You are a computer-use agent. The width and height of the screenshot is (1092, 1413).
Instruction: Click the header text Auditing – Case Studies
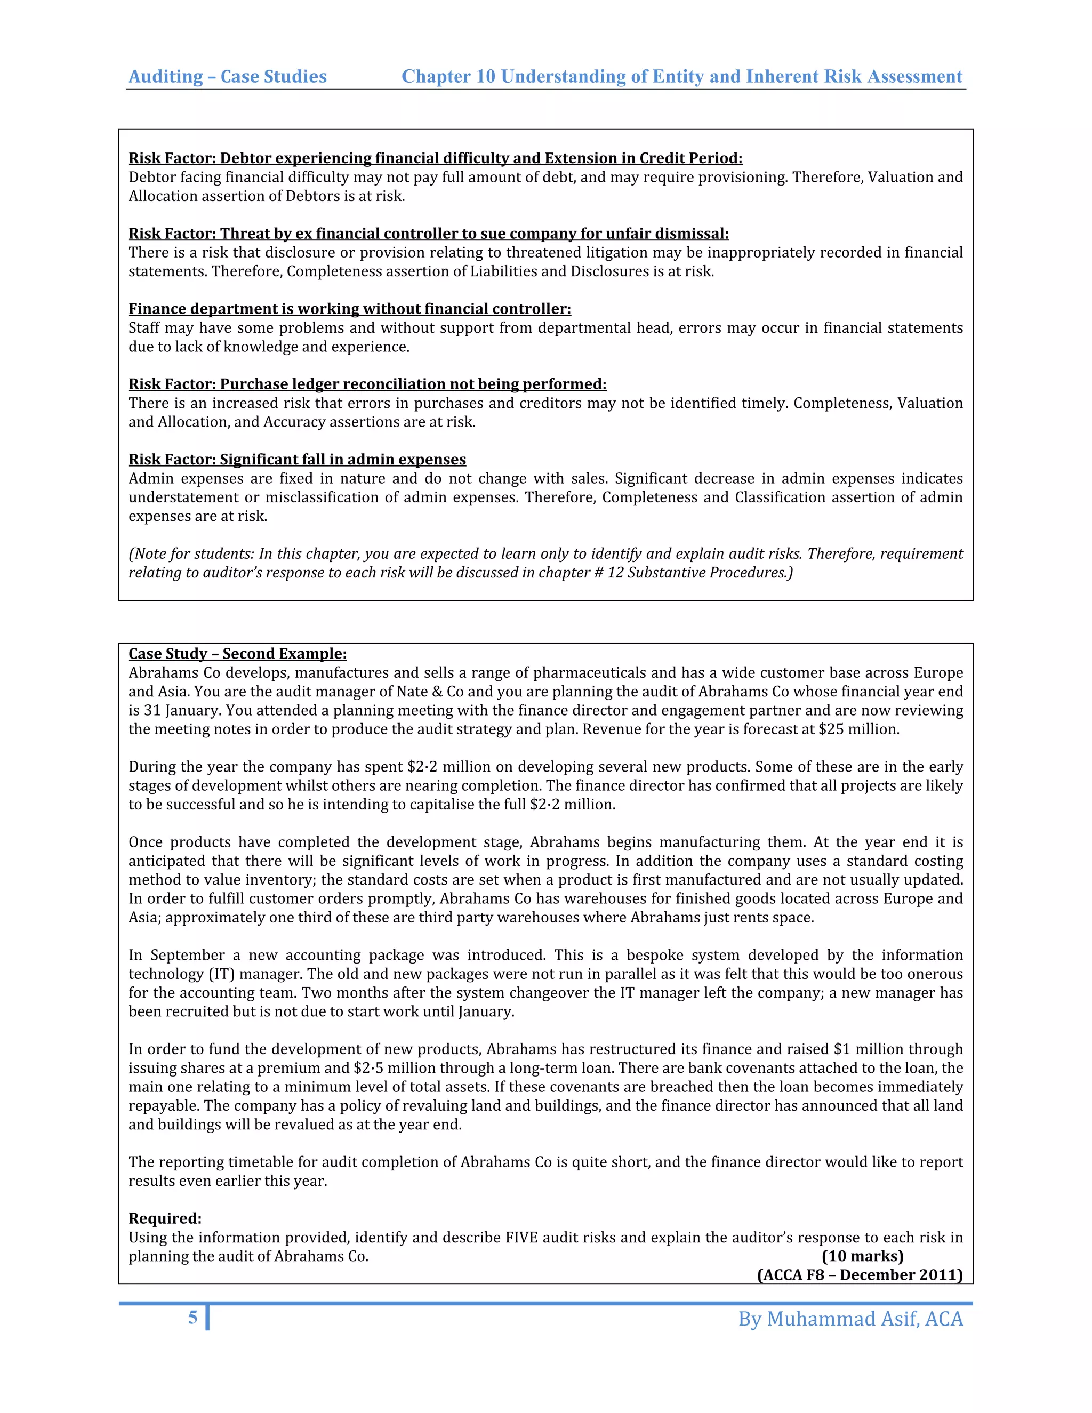click(228, 76)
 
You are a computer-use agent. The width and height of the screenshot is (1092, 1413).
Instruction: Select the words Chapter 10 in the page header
click(448, 76)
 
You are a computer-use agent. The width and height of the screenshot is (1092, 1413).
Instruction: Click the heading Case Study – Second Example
click(237, 654)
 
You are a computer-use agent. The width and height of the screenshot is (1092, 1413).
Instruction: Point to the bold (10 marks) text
click(862, 1256)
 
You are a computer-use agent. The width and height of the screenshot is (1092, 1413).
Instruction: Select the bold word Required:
click(165, 1218)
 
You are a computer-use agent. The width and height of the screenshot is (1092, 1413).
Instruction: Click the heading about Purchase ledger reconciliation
click(367, 384)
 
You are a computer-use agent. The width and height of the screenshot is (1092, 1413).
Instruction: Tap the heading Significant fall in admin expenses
click(297, 459)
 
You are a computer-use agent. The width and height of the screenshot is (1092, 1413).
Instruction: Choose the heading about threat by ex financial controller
click(428, 234)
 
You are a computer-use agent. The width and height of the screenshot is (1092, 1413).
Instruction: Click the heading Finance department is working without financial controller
click(349, 309)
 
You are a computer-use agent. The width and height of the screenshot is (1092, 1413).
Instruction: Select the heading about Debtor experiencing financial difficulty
click(436, 158)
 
